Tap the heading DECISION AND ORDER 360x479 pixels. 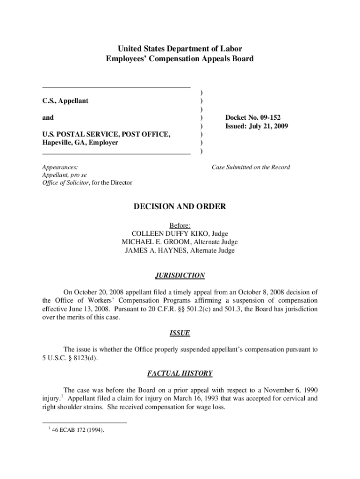(x=180, y=206)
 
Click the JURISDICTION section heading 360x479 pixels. (x=180, y=276)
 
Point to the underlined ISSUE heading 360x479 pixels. (x=180, y=333)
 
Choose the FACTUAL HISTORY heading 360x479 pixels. (x=180, y=373)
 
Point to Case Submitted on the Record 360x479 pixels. (x=251, y=167)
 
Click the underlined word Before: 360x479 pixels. (x=180, y=225)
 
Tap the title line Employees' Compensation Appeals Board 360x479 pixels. (x=180, y=59)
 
